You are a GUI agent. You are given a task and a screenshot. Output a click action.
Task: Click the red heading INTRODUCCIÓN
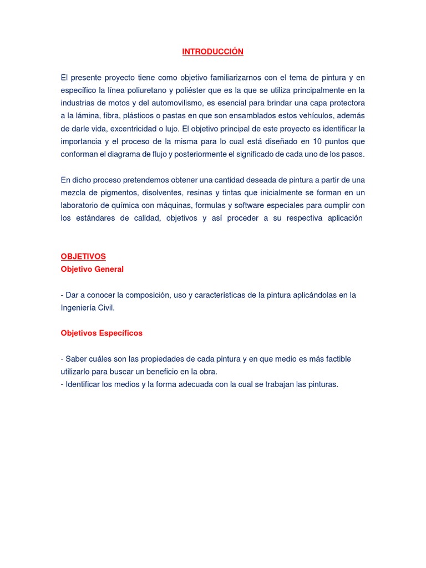(x=213, y=52)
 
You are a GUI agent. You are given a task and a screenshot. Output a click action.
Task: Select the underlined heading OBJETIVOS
(x=83, y=256)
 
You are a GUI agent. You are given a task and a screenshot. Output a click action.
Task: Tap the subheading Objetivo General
(x=92, y=269)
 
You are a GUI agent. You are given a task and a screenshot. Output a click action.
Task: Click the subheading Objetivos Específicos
(x=102, y=333)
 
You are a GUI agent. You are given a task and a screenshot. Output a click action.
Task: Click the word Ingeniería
(x=80, y=307)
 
